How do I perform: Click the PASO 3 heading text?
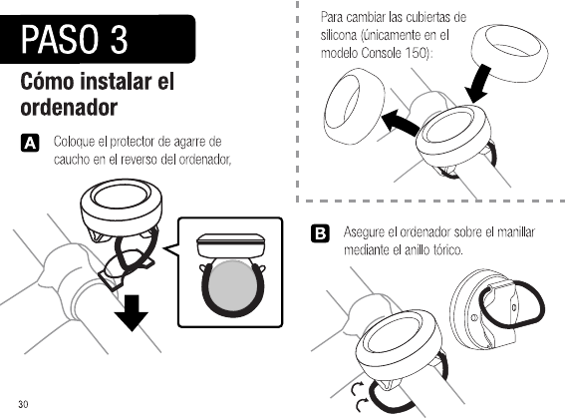[x=74, y=39]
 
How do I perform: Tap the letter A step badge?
[x=30, y=143]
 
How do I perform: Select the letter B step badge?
[x=320, y=233]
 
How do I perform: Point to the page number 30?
[x=23, y=404]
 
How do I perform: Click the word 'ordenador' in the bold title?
[x=69, y=108]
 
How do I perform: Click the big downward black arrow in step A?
[x=132, y=312]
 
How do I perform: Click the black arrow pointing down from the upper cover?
[x=478, y=85]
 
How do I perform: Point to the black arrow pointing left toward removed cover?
[x=401, y=123]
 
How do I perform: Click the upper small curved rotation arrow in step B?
[x=357, y=389]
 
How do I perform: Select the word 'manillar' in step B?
[x=516, y=231]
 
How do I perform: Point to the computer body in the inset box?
[x=230, y=245]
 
